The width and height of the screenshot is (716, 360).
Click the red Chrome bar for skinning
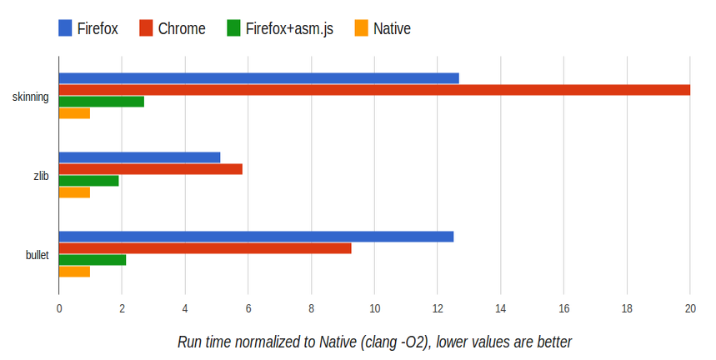374,90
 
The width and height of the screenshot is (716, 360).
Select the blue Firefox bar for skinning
258,78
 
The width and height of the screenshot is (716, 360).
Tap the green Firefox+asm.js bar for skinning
101,102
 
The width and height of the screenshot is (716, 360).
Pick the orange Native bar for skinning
74,113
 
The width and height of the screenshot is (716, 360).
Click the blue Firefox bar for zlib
139,157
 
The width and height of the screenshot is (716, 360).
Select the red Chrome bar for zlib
150,169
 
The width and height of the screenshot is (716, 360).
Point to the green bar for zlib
88,181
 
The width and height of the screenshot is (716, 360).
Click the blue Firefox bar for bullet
256,237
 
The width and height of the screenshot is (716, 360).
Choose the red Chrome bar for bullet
205,248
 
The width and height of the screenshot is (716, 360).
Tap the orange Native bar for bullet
74,272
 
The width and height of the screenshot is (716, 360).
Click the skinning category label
30,97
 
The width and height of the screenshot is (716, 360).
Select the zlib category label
40,176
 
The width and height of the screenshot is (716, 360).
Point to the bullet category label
37,254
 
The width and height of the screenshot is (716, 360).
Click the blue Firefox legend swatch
66,29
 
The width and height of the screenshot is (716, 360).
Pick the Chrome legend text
182,29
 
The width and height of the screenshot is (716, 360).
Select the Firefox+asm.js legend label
289,29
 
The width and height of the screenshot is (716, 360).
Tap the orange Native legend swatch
361,29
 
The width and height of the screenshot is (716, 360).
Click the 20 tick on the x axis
689,309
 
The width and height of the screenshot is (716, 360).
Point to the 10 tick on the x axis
374,309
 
